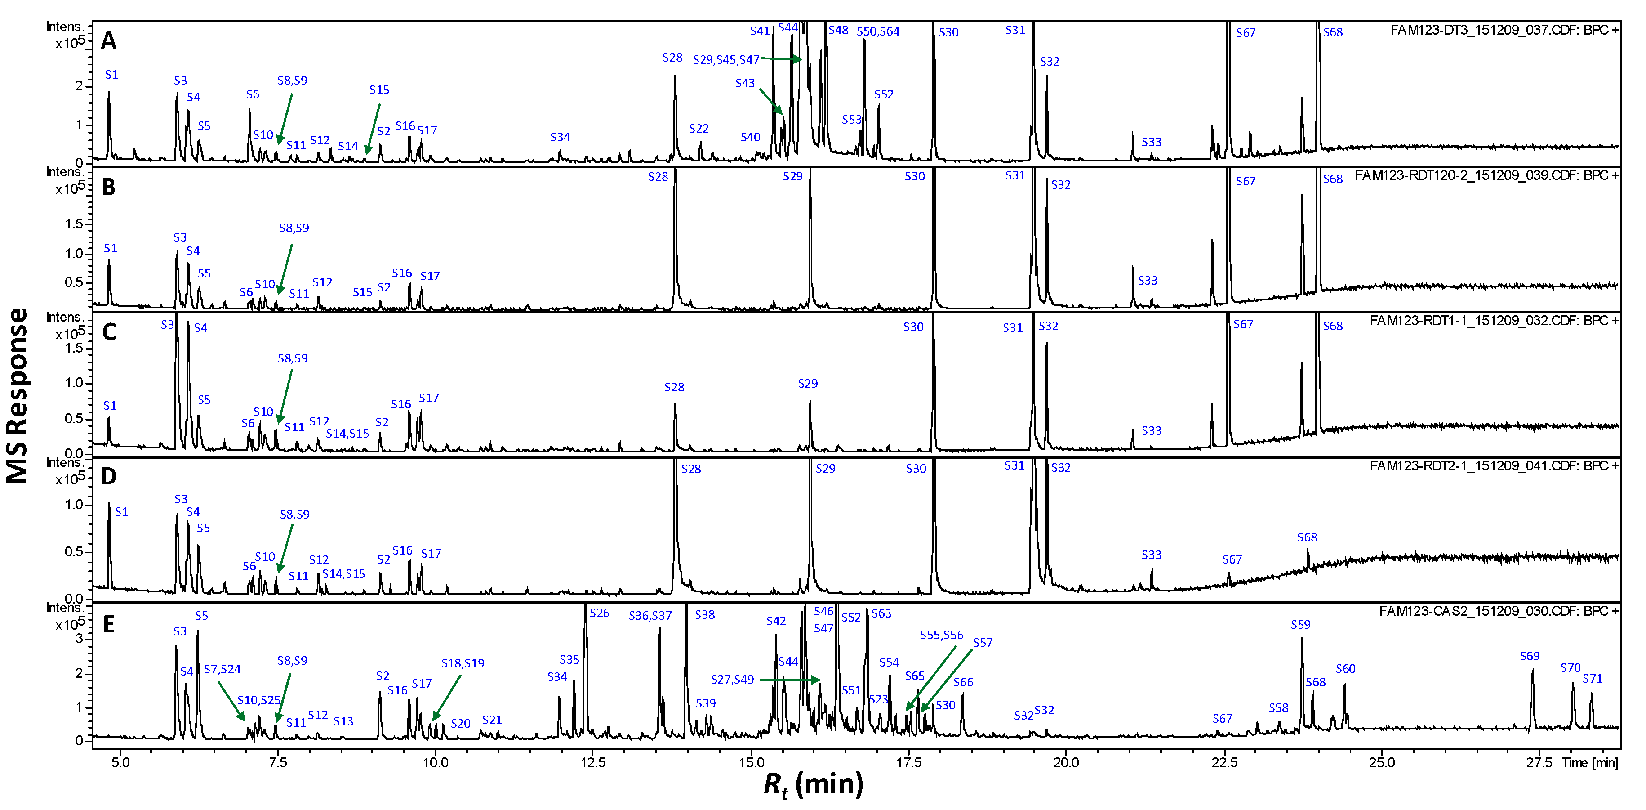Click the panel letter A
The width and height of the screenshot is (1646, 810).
coord(109,41)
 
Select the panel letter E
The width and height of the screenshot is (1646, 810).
coord(109,624)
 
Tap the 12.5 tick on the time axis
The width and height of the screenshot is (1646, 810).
coord(592,762)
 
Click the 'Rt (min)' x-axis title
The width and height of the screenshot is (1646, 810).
coord(813,784)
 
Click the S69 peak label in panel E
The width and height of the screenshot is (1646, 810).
coord(1529,656)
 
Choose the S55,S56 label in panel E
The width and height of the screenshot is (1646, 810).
coord(941,635)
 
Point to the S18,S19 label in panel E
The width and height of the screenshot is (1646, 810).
coord(462,663)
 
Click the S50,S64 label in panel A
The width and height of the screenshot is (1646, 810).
coord(877,31)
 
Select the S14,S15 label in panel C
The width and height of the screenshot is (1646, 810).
coord(347,434)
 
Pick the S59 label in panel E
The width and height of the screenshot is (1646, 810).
coord(1300,625)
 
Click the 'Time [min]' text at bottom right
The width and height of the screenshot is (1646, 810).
coord(1589,762)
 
